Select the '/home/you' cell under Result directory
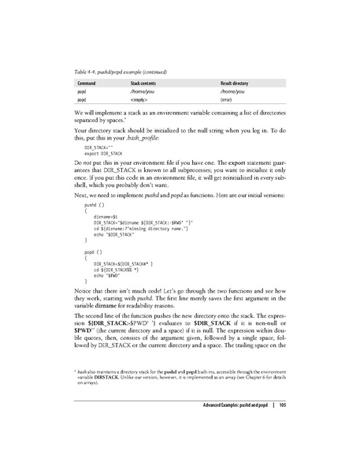234,91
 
